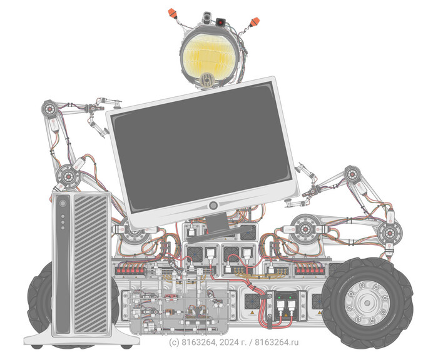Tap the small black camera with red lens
[x=221, y=22]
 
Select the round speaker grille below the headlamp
[x=206, y=79]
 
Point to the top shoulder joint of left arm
[x=49, y=109]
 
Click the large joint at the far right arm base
[x=388, y=232]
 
